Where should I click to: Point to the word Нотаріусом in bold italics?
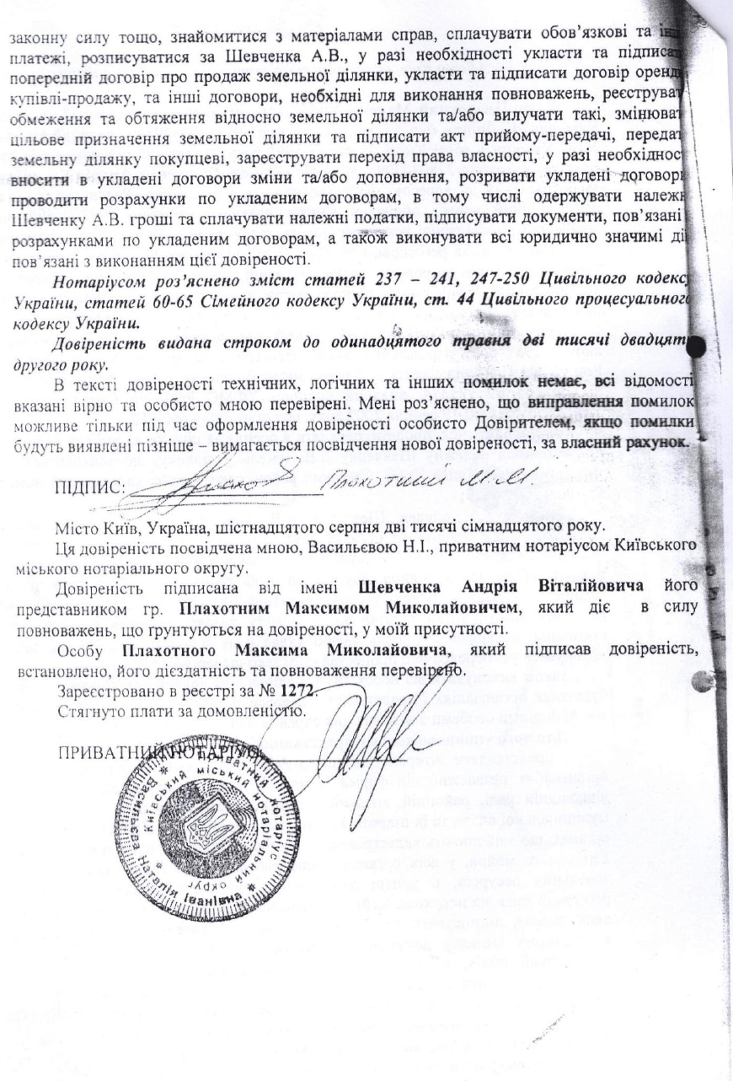[x=95, y=279]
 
